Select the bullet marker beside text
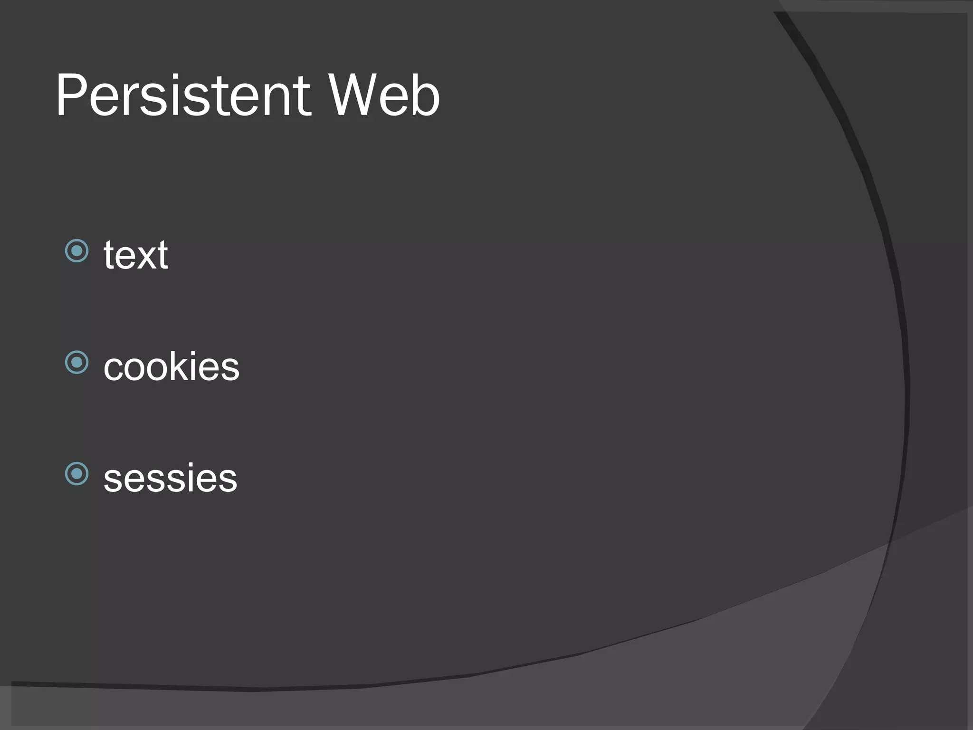(x=77, y=251)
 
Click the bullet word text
(x=136, y=256)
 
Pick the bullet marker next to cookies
(x=77, y=363)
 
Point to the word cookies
(x=172, y=367)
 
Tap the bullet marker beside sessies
(x=77, y=474)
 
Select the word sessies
(x=170, y=479)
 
